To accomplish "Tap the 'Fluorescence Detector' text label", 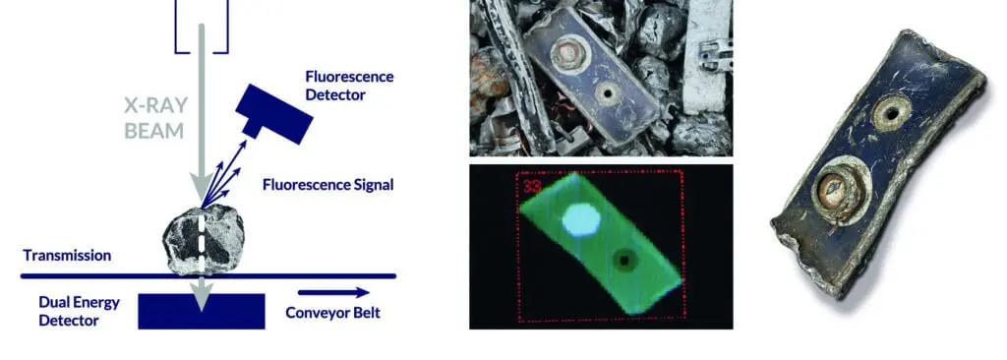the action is [349, 86].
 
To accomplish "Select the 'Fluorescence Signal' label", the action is [328, 185].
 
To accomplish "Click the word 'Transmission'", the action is [67, 255].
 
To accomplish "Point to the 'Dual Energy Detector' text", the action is [79, 311].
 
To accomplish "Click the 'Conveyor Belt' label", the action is [332, 313].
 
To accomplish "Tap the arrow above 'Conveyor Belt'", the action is [334, 293].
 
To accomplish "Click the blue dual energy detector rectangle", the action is [201, 311].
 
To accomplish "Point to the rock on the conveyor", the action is [203, 238].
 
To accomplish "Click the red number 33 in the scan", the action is [531, 187].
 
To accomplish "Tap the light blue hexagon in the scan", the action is [581, 220].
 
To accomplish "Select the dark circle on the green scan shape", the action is [623, 261].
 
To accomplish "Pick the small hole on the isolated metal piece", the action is [891, 114].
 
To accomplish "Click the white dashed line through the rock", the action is [201, 242].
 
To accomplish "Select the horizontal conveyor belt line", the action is [208, 276].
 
